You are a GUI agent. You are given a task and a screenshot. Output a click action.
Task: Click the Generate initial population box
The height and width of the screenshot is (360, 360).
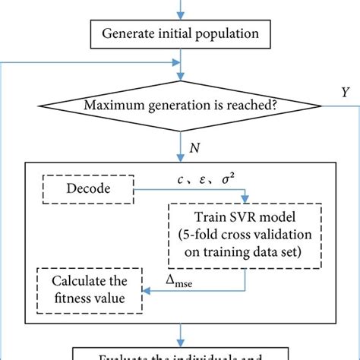[x=179, y=34]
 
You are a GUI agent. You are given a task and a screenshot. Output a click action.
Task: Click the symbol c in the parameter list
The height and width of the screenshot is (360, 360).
[x=178, y=179]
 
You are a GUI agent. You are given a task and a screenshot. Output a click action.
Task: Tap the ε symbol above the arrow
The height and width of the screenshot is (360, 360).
[x=203, y=179]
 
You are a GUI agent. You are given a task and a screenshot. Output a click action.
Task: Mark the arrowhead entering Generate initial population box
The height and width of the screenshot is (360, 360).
[x=179, y=18]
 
